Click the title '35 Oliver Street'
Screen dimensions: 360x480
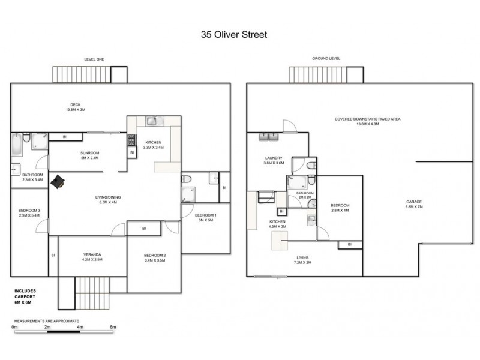233,35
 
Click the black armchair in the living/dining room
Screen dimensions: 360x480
58,182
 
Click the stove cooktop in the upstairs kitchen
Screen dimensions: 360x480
131,140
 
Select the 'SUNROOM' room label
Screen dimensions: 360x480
90,154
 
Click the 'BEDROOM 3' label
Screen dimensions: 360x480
29,209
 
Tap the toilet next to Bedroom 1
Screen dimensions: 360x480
187,178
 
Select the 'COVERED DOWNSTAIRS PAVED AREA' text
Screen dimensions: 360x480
367,119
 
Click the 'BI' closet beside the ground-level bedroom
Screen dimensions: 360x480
349,244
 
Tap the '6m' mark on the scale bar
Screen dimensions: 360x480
112,328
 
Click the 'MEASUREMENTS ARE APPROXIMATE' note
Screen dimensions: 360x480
47,321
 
